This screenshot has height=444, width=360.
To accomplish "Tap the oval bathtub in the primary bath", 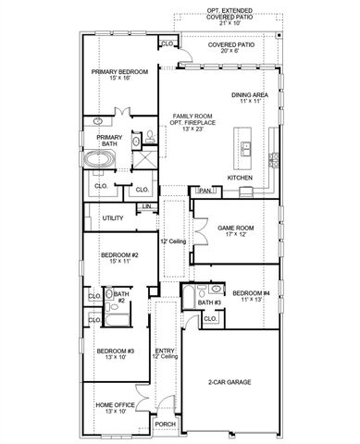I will (x=99, y=159).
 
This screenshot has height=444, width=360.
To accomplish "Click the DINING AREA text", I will (x=250, y=94).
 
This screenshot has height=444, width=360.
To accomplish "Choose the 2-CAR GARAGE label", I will (x=230, y=380).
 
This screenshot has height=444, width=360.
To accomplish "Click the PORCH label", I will (x=165, y=425).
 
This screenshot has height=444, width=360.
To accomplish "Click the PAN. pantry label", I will (x=205, y=191).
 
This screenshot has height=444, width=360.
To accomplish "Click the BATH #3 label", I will (x=211, y=302).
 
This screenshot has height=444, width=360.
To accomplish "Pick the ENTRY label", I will (x=166, y=351).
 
